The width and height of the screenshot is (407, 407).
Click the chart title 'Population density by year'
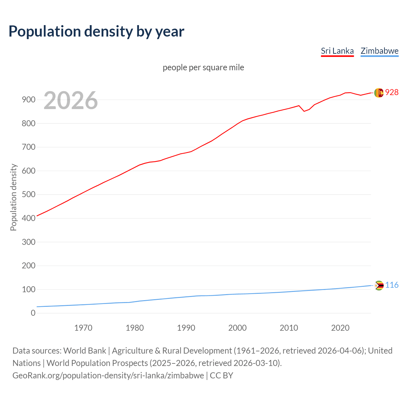pyautogui.click(x=96, y=31)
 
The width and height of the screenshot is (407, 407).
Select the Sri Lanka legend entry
pyautogui.click(x=337, y=51)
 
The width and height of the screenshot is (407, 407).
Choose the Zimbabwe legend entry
pyautogui.click(x=379, y=51)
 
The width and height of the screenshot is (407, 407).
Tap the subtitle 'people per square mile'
pyautogui.click(x=203, y=67)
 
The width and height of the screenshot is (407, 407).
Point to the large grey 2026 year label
pyautogui.click(x=71, y=100)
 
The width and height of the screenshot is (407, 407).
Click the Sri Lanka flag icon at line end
pyautogui.click(x=379, y=93)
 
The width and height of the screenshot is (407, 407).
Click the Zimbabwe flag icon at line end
pyautogui.click(x=379, y=286)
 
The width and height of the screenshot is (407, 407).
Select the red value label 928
pyautogui.click(x=392, y=92)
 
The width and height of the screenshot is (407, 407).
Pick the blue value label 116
pyautogui.click(x=392, y=285)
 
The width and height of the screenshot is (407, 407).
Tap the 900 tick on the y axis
pyautogui.click(x=28, y=100)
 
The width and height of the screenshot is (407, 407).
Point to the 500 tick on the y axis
pyautogui.click(x=28, y=195)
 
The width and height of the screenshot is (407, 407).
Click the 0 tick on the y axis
pyautogui.click(x=33, y=313)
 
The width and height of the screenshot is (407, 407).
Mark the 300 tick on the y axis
pyautogui.click(x=28, y=242)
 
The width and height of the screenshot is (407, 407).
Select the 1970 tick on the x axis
pyautogui.click(x=83, y=328)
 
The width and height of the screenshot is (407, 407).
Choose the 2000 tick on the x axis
pyautogui.click(x=237, y=328)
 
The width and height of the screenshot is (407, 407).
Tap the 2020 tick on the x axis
pyautogui.click(x=340, y=328)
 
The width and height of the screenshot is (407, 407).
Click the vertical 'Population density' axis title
pyautogui.click(x=13, y=197)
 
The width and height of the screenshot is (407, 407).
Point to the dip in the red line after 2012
pyautogui.click(x=304, y=111)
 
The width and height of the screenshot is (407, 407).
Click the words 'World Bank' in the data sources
pyautogui.click(x=85, y=351)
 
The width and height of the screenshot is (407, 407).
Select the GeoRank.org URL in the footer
pyautogui.click(x=108, y=376)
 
